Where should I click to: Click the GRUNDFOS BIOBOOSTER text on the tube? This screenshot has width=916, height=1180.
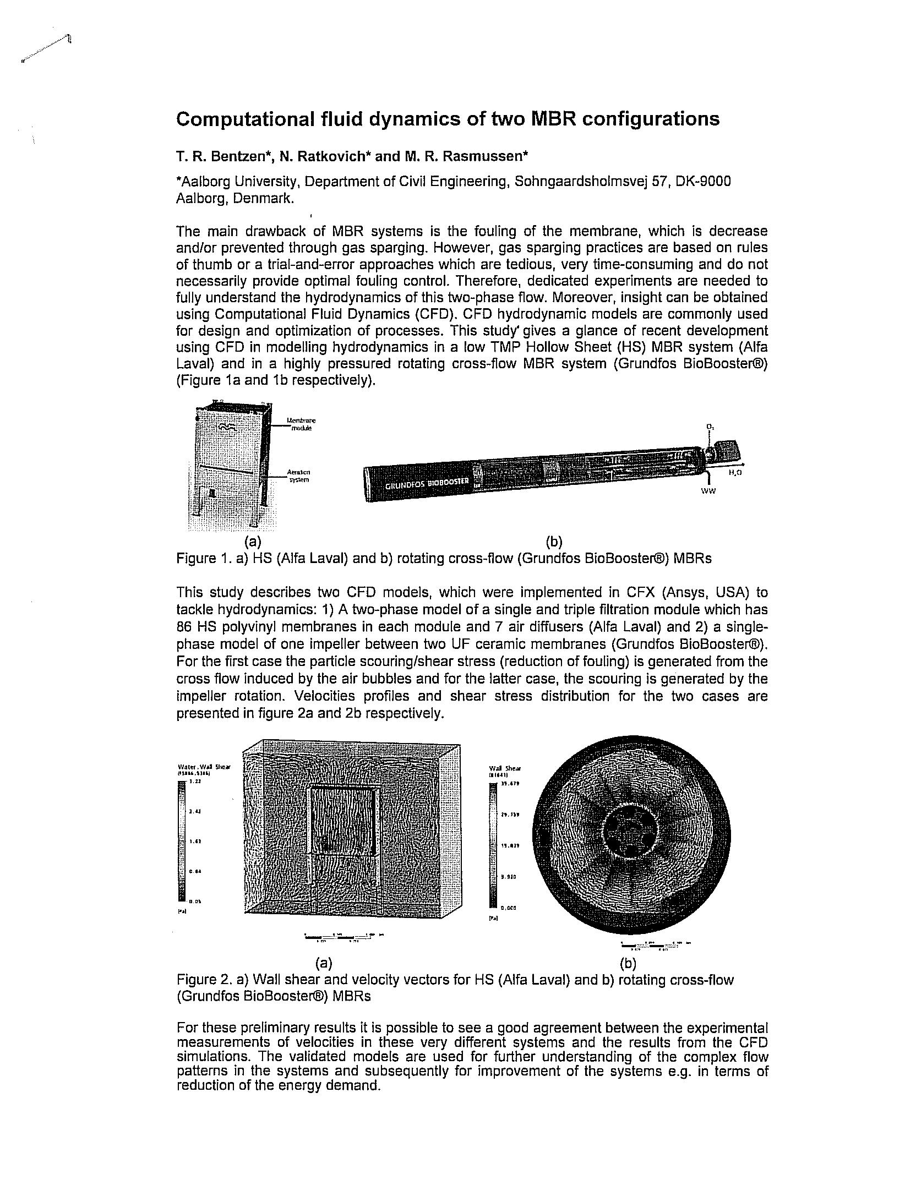(x=427, y=483)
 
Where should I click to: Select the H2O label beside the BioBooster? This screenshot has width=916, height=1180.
(x=735, y=472)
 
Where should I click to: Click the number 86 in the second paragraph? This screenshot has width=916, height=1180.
(x=183, y=627)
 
